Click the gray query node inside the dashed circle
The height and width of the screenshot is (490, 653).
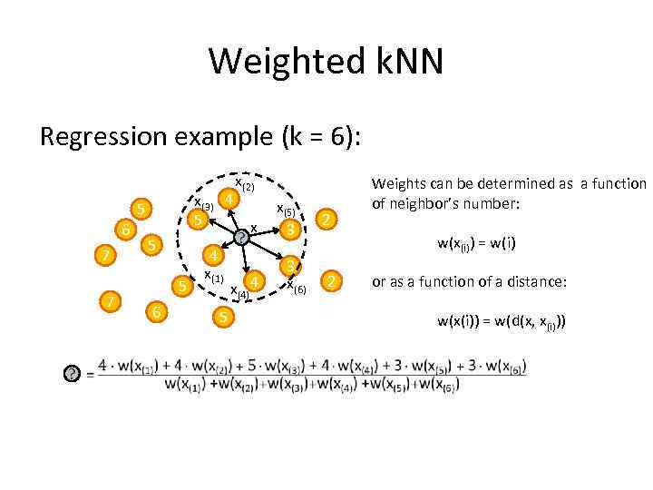point(241,238)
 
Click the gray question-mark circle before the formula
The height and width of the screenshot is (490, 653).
point(72,374)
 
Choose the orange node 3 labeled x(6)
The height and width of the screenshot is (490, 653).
point(288,266)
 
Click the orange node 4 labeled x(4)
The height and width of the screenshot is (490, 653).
point(256,281)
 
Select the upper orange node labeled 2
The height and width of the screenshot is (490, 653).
point(329,220)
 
